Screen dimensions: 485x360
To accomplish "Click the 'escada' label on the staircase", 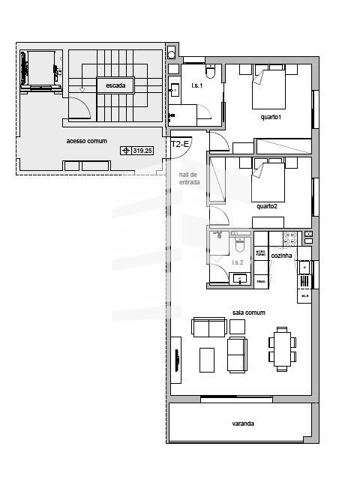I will (115, 86).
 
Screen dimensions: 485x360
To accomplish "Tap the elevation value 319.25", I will (142, 150).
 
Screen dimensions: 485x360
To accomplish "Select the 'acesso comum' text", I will (86, 141).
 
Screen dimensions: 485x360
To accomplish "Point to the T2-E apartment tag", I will (180, 143).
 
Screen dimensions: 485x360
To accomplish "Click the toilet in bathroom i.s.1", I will (211, 72).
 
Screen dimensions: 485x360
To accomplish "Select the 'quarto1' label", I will (270, 117).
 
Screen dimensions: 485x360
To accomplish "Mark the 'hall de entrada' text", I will (189, 178).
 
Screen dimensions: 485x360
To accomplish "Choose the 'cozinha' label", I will (282, 256).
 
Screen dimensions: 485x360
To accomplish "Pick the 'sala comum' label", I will (250, 312).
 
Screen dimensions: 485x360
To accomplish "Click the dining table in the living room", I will (283, 349).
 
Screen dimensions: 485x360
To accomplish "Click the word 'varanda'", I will (242, 424).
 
